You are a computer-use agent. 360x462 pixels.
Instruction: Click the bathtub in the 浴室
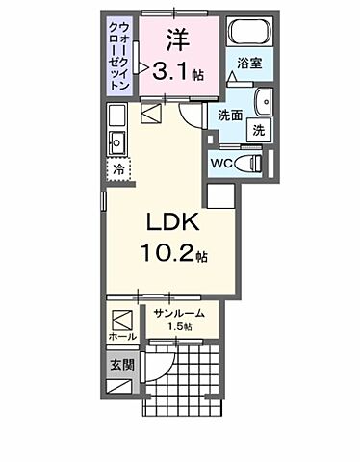point(250,31)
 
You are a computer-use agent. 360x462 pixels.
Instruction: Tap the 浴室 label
point(249,64)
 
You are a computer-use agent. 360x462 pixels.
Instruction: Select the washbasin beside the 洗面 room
point(264,102)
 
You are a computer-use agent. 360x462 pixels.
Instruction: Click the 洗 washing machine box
point(259,130)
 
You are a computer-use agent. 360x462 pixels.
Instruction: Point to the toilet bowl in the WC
point(248,164)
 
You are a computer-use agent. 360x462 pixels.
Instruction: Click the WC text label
point(221,164)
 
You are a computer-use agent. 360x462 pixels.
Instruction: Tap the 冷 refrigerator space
point(118,169)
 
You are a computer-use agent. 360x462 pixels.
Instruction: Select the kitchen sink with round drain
point(116,142)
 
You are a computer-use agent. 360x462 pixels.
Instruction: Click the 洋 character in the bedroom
point(177,39)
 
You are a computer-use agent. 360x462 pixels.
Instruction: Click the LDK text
point(173,222)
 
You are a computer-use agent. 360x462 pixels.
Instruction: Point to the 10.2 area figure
point(167,252)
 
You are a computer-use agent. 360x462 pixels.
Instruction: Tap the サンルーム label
point(179,313)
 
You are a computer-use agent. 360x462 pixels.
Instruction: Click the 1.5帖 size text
point(180,326)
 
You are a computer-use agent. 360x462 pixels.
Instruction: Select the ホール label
point(122,337)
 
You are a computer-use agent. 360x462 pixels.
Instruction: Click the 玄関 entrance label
point(122,365)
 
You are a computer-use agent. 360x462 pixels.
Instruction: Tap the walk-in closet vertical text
point(120,57)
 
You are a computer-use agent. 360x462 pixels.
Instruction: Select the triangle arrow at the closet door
point(143,67)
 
